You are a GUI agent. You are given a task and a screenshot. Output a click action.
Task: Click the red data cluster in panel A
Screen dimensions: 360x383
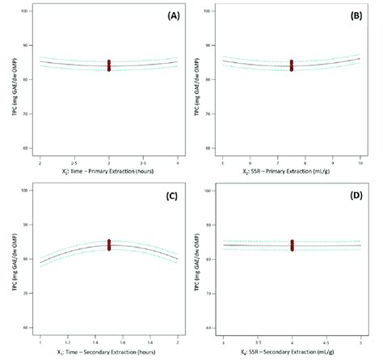pyautogui.click(x=108, y=65)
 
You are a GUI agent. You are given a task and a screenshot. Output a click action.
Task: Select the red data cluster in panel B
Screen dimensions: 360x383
pyautogui.click(x=291, y=65)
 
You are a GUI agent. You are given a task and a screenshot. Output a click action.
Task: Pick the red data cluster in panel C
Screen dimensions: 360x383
pyautogui.click(x=108, y=244)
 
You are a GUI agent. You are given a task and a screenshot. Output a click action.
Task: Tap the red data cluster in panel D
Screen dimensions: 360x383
pyautogui.click(x=291, y=244)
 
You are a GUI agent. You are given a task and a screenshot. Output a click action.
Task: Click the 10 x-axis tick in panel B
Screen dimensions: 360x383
pyautogui.click(x=358, y=162)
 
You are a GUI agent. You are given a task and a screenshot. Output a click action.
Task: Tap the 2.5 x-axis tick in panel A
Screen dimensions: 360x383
pyautogui.click(x=74, y=162)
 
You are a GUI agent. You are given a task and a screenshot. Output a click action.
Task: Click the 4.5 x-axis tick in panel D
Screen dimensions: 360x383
pyautogui.click(x=325, y=341)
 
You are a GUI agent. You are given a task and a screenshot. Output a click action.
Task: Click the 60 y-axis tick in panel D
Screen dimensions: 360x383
pyautogui.click(x=212, y=329)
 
